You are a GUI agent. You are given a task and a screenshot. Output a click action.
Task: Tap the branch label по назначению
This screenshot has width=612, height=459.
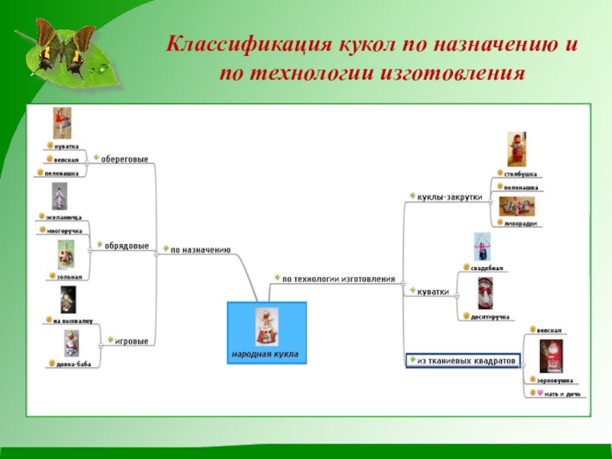200,249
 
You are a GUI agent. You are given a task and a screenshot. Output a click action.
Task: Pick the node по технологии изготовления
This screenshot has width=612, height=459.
338,279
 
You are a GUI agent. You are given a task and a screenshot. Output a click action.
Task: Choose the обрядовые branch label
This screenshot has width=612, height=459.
126,246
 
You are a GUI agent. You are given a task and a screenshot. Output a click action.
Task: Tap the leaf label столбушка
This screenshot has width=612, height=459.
520,174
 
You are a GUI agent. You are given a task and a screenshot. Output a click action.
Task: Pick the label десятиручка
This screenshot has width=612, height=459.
490,316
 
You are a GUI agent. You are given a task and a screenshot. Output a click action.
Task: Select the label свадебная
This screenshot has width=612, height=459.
487,269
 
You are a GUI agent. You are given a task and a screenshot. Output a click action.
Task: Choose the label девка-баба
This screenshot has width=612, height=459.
73,364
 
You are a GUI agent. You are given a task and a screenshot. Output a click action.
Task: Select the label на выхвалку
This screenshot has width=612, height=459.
73,321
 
